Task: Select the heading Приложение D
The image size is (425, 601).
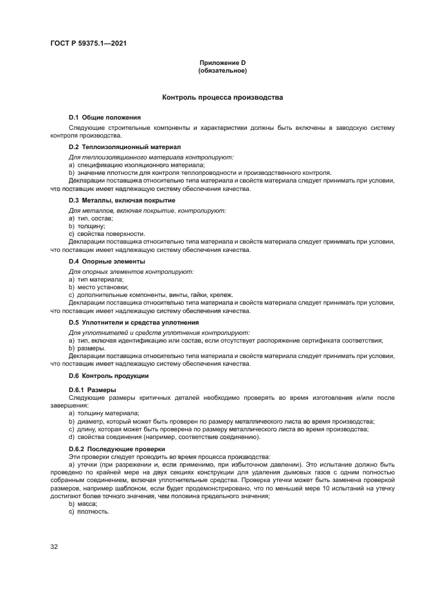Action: click(x=222, y=62)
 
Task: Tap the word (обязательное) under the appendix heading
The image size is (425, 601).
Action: click(x=222, y=70)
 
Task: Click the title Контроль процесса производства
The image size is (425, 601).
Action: click(x=222, y=98)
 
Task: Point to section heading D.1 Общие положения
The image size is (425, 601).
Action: click(x=105, y=118)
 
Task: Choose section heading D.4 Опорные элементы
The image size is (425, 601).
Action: click(x=107, y=262)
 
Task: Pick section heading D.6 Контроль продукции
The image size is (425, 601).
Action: click(x=109, y=375)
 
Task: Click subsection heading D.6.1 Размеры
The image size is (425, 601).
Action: click(x=93, y=390)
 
